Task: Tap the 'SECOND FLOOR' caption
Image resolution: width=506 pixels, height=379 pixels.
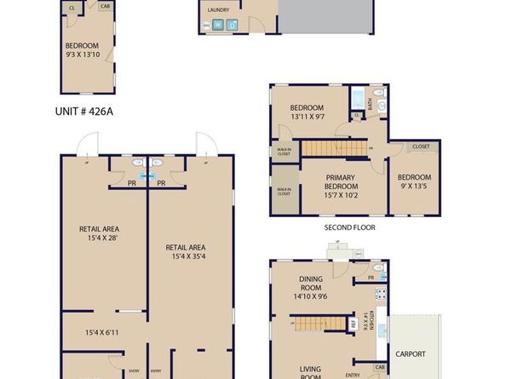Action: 349,228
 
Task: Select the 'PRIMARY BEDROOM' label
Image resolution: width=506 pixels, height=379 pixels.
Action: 329,181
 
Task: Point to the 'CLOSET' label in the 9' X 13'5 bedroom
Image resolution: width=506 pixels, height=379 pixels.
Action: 420,147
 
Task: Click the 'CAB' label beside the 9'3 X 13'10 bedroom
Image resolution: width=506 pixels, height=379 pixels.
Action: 105,7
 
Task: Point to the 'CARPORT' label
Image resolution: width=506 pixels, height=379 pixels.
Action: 411,354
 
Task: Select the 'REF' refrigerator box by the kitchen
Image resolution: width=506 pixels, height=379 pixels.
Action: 354,324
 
